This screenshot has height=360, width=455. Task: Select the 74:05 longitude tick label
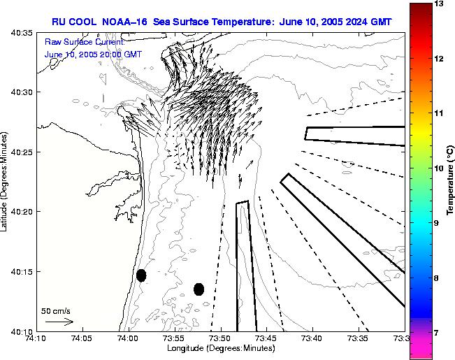[82, 339]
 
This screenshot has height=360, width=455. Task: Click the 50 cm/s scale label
[56, 311]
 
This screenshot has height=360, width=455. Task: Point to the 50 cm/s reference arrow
[59, 322]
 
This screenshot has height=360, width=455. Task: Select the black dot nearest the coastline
[141, 275]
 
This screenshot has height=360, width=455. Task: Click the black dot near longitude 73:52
[198, 289]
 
